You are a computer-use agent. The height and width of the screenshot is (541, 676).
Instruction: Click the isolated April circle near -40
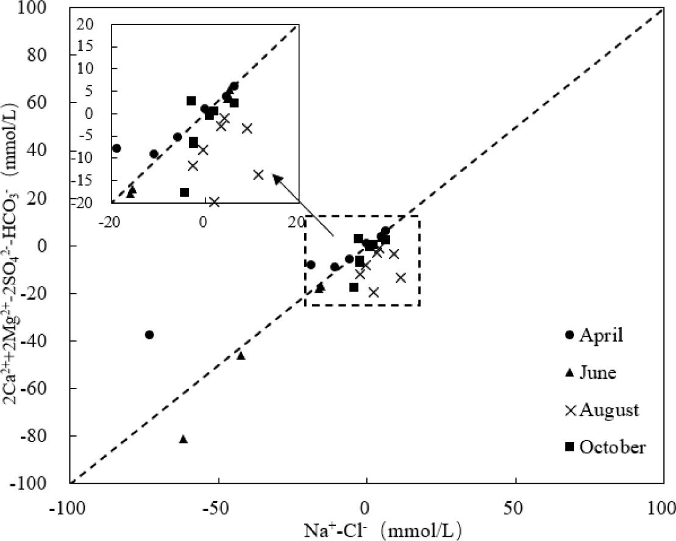(x=149, y=335)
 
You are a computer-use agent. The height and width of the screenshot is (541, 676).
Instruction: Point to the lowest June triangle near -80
(x=183, y=439)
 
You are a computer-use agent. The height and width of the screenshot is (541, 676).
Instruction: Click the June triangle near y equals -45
(x=241, y=356)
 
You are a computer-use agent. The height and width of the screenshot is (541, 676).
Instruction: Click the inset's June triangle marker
(x=131, y=192)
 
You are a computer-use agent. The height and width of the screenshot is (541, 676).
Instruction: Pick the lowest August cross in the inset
(x=214, y=201)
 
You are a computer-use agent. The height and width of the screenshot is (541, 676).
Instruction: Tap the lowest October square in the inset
(x=185, y=192)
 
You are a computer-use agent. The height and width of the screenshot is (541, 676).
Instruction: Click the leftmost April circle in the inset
(x=116, y=148)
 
